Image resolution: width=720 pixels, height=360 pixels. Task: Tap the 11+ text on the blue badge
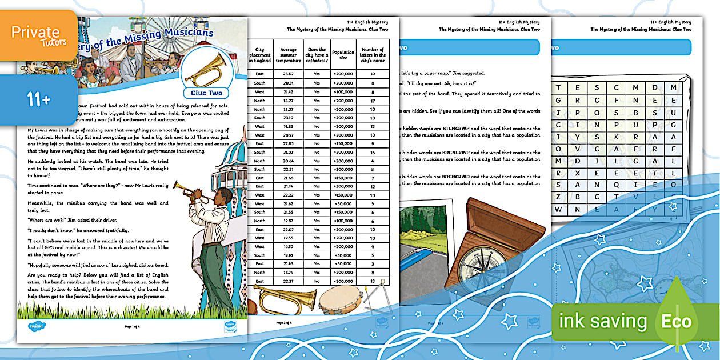click(38, 100)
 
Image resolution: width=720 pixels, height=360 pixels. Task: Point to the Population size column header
click(343, 56)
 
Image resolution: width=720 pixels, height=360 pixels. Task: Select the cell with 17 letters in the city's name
click(373, 100)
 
